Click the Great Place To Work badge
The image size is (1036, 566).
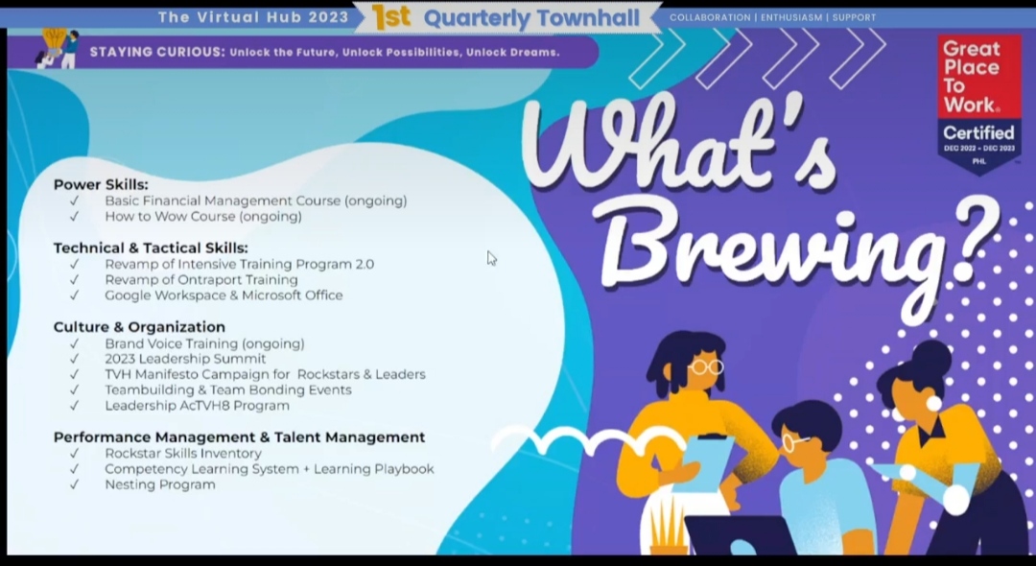pyautogui.click(x=979, y=104)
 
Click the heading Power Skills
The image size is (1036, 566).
pyautogui.click(x=101, y=184)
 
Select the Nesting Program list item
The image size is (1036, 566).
pyautogui.click(x=160, y=485)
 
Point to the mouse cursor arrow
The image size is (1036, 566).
pyautogui.click(x=491, y=258)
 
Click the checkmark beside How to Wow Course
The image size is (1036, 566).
pyautogui.click(x=74, y=217)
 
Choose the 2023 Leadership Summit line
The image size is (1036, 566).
pyautogui.click(x=185, y=359)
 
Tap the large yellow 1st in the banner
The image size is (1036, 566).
pyautogui.click(x=390, y=17)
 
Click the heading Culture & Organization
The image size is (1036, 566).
pyautogui.click(x=139, y=327)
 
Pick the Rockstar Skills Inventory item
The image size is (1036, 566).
pyautogui.click(x=183, y=454)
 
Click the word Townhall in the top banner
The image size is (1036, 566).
pyautogui.click(x=606, y=18)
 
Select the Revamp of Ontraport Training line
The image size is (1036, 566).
pyautogui.click(x=201, y=280)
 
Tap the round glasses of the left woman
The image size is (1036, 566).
pyautogui.click(x=706, y=366)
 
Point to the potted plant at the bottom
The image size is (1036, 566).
pyautogui.click(x=668, y=529)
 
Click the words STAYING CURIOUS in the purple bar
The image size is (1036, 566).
pyautogui.click(x=156, y=52)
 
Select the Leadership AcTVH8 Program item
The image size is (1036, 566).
pyautogui.click(x=197, y=406)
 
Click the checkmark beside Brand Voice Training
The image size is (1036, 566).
pyautogui.click(x=74, y=343)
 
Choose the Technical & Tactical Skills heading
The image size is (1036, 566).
pyautogui.click(x=151, y=248)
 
